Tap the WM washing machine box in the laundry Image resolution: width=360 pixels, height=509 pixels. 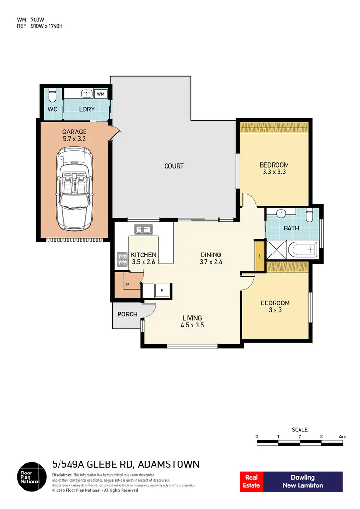pos(101,94)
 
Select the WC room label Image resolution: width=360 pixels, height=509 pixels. pos(52,109)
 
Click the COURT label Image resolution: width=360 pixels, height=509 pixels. pos(174,166)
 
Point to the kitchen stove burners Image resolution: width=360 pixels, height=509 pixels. pos(121,259)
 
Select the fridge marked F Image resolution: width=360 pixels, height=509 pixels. pos(162,290)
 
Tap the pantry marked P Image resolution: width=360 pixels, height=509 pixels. pos(127,284)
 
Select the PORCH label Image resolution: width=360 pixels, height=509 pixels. pos(127,315)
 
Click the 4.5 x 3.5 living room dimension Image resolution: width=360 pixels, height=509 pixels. pos(192,325)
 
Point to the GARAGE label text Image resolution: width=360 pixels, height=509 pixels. pos(74,132)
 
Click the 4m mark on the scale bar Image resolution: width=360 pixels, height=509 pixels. pos(342,436)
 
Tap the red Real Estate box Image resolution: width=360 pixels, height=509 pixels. pos(252,481)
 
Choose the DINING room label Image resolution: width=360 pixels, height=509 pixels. pos(211,255)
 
